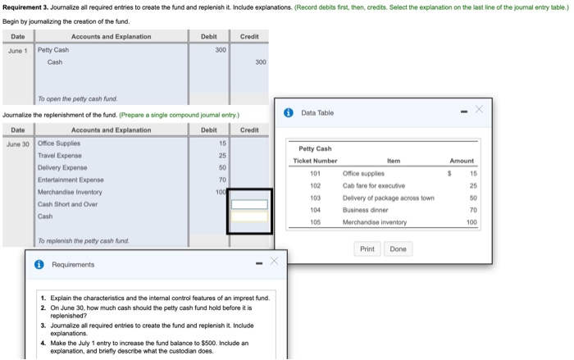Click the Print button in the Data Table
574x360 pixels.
pos(367,248)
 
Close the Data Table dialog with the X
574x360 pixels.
pos(480,110)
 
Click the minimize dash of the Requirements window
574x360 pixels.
pos(257,264)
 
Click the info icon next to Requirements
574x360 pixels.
pos(39,265)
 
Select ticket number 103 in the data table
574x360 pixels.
pos(315,198)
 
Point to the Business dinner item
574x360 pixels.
pos(361,210)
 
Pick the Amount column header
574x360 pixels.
pos(461,162)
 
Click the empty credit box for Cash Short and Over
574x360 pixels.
pos(249,204)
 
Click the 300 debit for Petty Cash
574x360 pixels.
pos(220,50)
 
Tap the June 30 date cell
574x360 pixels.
pos(17,144)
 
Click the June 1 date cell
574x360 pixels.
pos(16,50)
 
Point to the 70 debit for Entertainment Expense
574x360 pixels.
pos(221,179)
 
